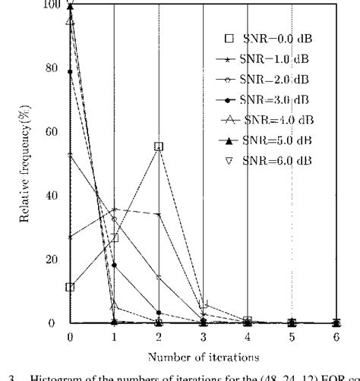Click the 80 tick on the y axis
[x=52, y=68]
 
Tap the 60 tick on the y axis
[x=52, y=131]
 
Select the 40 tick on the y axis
[x=52, y=195]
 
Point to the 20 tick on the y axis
[x=52, y=260]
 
